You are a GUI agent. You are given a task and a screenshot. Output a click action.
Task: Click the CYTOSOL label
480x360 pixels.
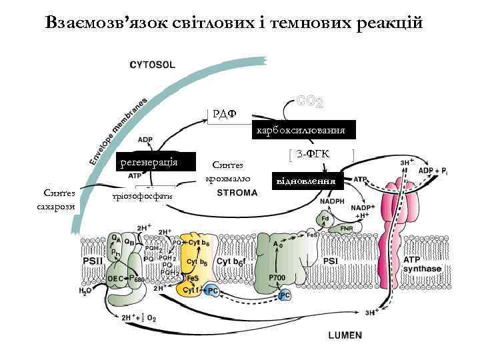(x=151, y=65)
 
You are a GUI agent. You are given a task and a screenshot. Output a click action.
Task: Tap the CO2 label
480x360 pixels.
(x=310, y=103)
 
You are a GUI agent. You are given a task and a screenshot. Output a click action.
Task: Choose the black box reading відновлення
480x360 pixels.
(x=305, y=181)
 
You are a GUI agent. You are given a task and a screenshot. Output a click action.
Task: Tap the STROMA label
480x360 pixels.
(x=237, y=193)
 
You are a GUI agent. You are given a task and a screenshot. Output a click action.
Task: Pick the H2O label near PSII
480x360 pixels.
(x=85, y=291)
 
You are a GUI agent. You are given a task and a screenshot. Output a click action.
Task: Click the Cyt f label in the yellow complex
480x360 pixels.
(x=191, y=290)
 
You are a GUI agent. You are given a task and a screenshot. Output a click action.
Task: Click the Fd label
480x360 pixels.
(x=325, y=218)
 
